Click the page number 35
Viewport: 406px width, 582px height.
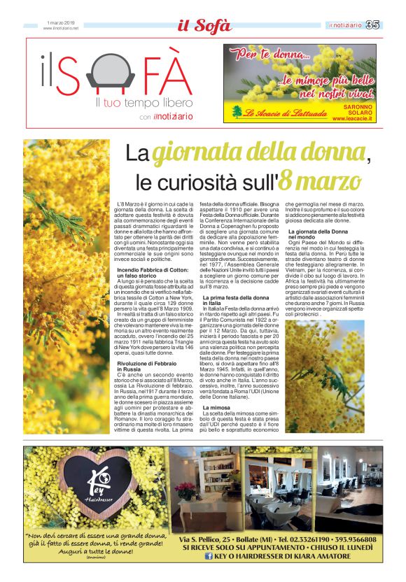click(372, 25)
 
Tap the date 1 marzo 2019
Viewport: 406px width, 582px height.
click(62, 22)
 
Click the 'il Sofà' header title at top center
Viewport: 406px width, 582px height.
click(203, 27)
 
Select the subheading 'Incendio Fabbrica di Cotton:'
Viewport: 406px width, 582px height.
click(151, 269)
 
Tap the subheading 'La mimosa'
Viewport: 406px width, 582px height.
click(216, 406)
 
